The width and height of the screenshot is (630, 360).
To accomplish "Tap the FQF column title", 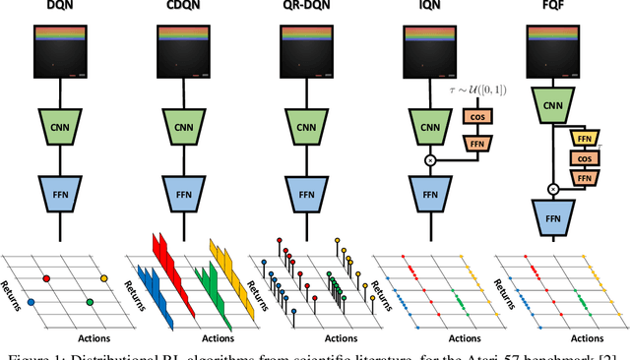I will [553, 8].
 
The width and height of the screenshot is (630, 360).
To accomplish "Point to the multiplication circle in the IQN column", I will [430, 158].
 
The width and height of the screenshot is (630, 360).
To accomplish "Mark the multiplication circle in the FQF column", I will [553, 186].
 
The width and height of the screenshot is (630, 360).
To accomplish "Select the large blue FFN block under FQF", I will [553, 216].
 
